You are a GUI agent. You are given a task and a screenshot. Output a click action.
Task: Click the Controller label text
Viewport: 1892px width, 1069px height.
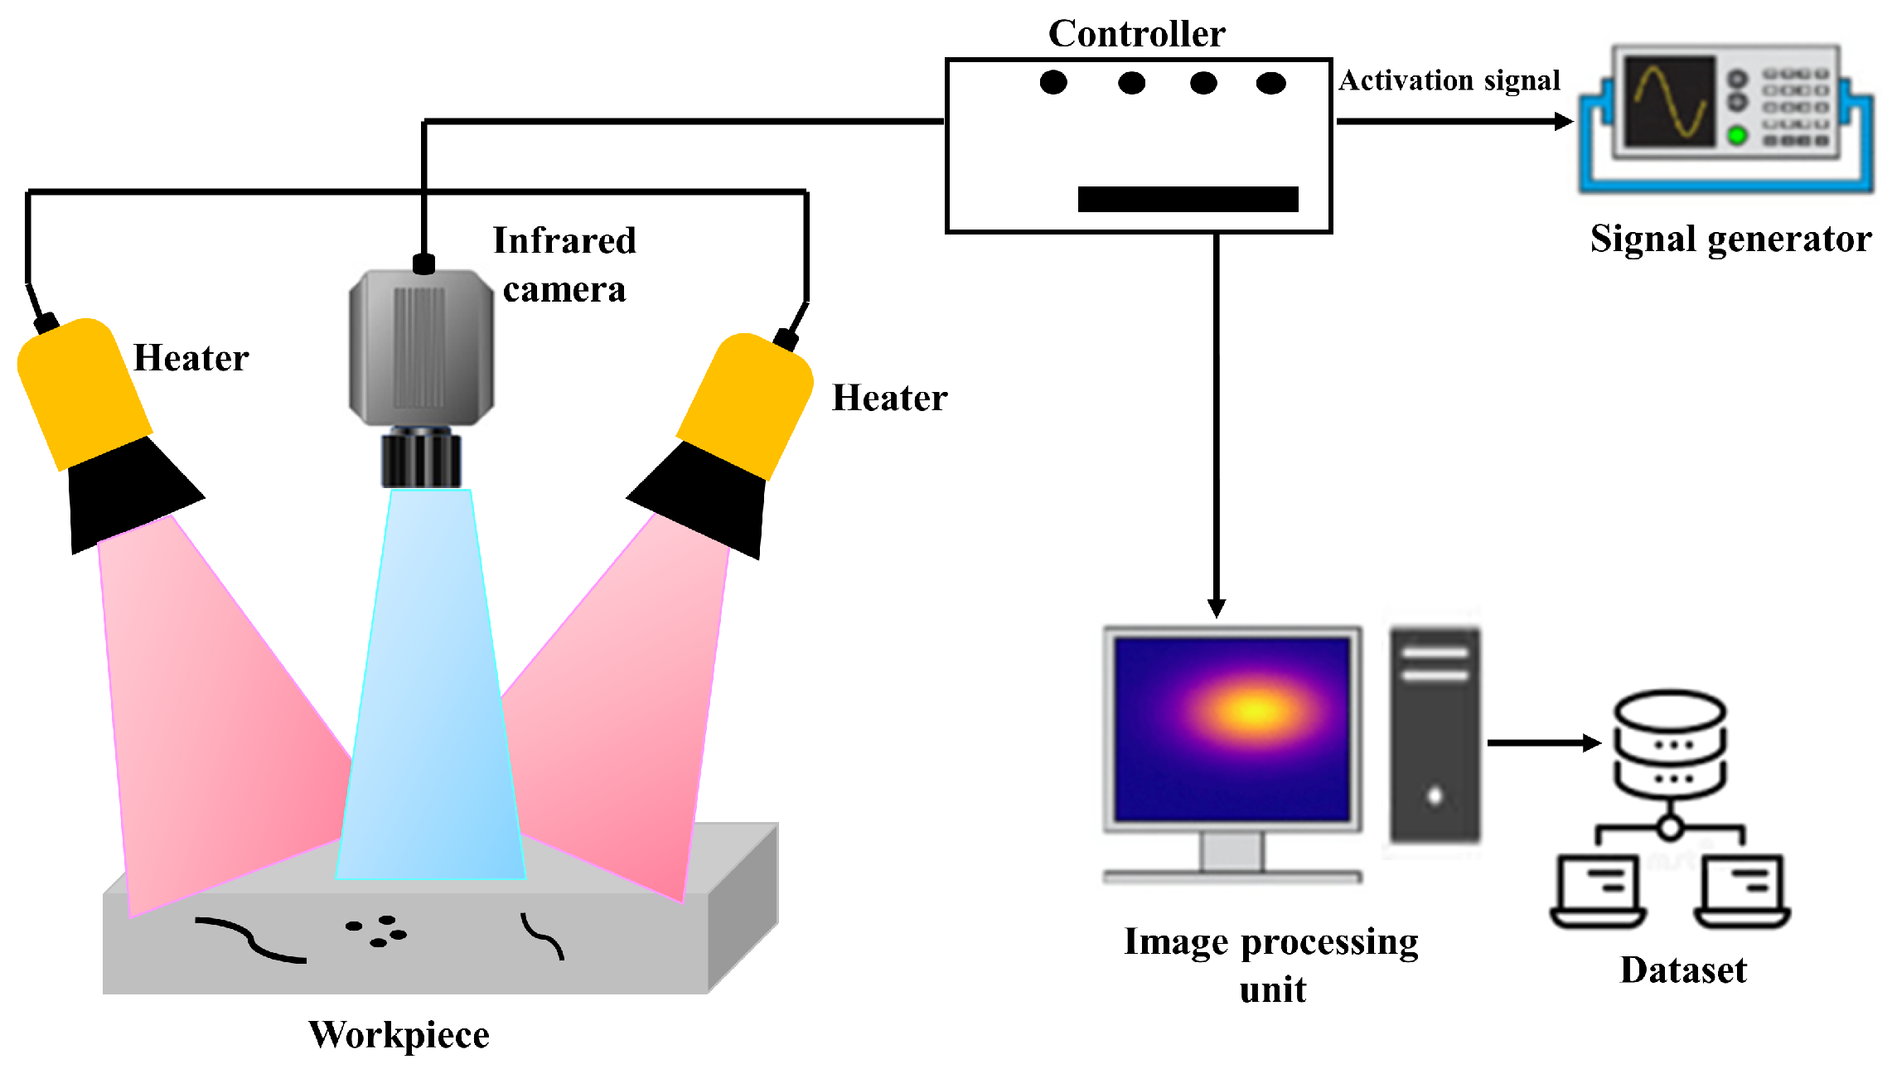click(1136, 34)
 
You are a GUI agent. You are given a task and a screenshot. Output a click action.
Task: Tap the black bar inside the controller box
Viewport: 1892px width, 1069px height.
click(1187, 199)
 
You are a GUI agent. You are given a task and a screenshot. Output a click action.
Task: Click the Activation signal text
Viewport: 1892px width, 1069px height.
click(1449, 80)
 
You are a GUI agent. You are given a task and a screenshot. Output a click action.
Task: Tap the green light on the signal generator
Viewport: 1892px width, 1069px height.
click(1737, 135)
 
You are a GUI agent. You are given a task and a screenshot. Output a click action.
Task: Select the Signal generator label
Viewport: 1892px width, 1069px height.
click(1730, 239)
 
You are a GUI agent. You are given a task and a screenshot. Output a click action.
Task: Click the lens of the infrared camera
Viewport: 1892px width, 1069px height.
click(421, 459)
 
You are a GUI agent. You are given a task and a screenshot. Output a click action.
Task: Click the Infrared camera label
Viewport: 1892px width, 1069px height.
click(564, 264)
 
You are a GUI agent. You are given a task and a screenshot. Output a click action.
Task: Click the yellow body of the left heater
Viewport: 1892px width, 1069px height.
click(83, 389)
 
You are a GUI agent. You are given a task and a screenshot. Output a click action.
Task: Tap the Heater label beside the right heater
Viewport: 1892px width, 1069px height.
click(889, 399)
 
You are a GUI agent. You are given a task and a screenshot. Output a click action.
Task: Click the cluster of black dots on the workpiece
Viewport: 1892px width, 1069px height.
click(377, 931)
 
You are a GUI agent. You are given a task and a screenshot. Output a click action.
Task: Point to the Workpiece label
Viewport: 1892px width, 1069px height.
click(399, 1035)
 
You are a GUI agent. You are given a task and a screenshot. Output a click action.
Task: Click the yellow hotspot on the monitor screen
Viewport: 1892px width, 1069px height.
click(1255, 710)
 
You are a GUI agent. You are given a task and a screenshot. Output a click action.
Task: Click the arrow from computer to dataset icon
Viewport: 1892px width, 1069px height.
click(1541, 743)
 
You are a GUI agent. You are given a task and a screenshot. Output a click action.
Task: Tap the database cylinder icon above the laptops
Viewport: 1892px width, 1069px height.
click(1669, 742)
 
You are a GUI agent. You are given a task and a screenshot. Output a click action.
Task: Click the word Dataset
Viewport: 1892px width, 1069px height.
click(1682, 970)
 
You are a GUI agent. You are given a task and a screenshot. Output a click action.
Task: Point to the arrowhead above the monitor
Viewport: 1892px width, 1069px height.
click(1216, 608)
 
